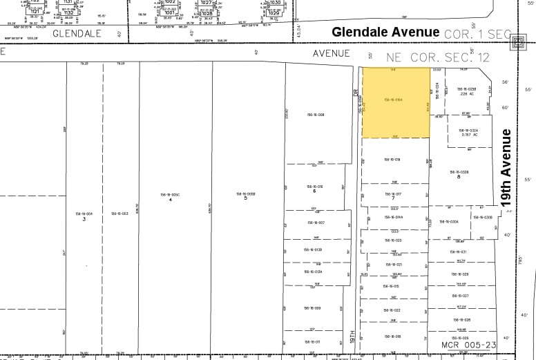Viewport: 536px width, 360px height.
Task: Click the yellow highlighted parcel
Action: click(x=396, y=102)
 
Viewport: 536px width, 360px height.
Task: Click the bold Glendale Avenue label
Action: click(x=385, y=32)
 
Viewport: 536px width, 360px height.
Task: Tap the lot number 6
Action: click(x=315, y=191)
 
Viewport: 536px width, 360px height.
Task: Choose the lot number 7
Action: click(x=392, y=198)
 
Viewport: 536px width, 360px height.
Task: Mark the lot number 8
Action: click(x=459, y=177)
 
